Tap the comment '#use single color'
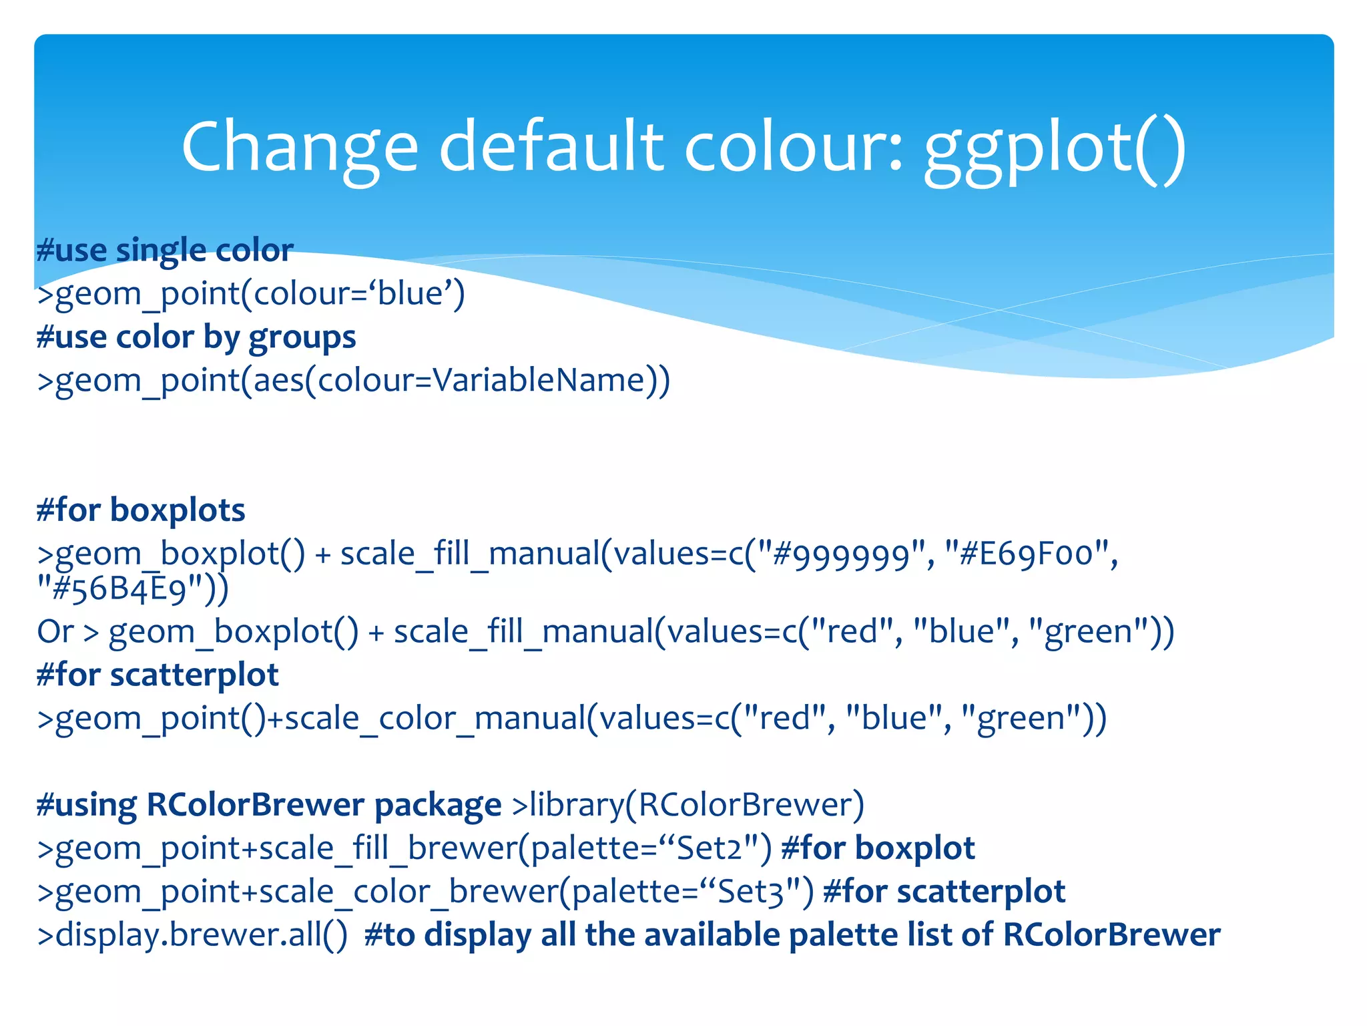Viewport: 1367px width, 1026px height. pyautogui.click(x=165, y=250)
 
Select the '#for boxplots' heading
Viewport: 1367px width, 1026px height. pyautogui.click(x=141, y=510)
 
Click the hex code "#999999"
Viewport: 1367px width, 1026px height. pyautogui.click(x=841, y=554)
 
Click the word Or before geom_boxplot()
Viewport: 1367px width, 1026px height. pyautogui.click(x=55, y=632)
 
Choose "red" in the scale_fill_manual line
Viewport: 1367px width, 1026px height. pyautogui.click(x=852, y=632)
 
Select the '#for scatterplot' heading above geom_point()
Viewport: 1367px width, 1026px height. pyautogui.click(x=158, y=675)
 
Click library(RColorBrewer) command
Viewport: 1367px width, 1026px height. pyautogui.click(x=688, y=805)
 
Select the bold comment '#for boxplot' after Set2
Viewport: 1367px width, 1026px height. pyautogui.click(x=877, y=848)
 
